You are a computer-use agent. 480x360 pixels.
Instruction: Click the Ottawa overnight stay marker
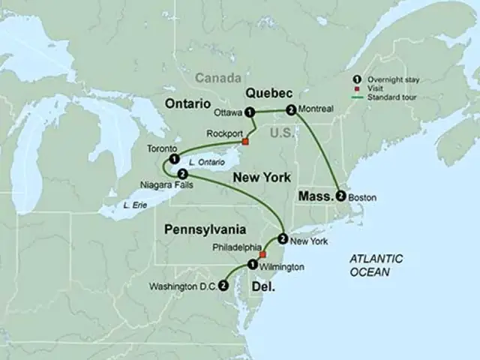[x=250, y=112]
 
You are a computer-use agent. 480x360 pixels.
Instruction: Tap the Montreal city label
[x=315, y=109]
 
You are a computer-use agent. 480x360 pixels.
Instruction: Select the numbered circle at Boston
[x=342, y=196]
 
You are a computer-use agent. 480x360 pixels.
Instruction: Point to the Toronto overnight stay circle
[x=174, y=159]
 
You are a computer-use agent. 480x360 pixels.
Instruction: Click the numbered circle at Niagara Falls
[x=184, y=174]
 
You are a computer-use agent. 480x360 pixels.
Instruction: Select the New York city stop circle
[x=282, y=239]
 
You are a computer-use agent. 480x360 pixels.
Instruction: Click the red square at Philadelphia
[x=262, y=254]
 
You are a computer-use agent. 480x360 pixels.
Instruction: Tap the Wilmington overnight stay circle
[x=252, y=265]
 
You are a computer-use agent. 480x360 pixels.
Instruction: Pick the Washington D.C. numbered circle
[x=223, y=285]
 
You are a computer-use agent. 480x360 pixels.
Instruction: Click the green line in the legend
[x=359, y=98]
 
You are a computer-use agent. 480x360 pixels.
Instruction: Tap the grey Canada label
[x=219, y=78]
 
